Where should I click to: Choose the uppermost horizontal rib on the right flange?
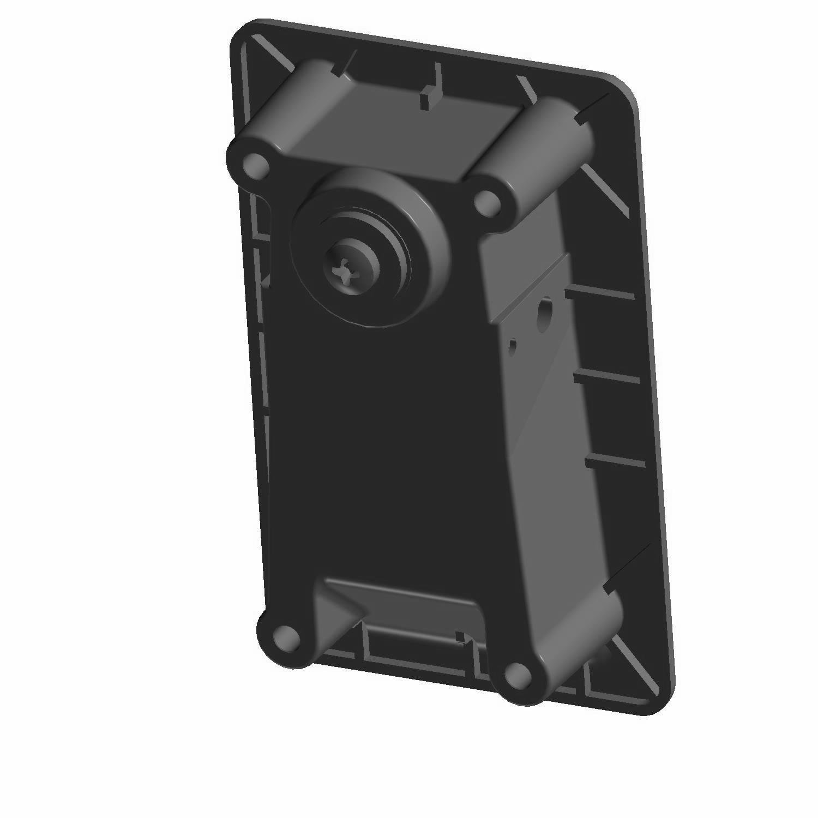600,294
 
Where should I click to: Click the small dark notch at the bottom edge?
460,636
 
